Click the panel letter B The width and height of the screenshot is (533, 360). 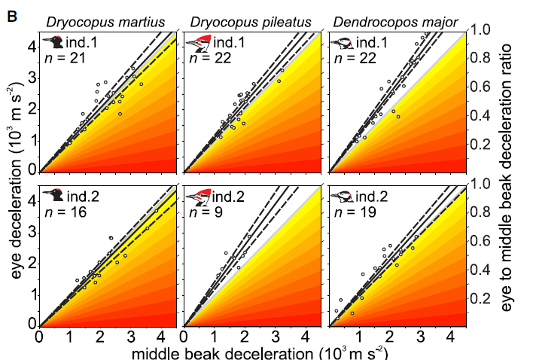12,16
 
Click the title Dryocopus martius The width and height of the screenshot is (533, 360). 105,23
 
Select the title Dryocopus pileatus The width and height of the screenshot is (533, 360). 251,23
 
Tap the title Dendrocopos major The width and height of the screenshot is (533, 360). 395,23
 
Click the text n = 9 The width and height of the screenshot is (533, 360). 206,212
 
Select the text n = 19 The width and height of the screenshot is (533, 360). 355,212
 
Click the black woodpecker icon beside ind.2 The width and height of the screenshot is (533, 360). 53,195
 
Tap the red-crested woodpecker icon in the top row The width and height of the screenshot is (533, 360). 199,43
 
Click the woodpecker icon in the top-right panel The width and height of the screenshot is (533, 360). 342,43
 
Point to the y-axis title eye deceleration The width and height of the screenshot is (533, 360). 15,180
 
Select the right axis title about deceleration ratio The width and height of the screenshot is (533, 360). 506,177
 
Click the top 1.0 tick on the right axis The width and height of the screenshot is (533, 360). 480,29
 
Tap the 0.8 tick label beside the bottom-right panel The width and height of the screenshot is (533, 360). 480,212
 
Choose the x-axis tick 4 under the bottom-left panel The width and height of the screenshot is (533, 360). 161,337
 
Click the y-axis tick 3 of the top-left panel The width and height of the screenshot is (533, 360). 32,78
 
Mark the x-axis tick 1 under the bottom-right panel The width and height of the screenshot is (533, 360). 360,337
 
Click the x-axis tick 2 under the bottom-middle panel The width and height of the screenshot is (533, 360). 245,337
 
